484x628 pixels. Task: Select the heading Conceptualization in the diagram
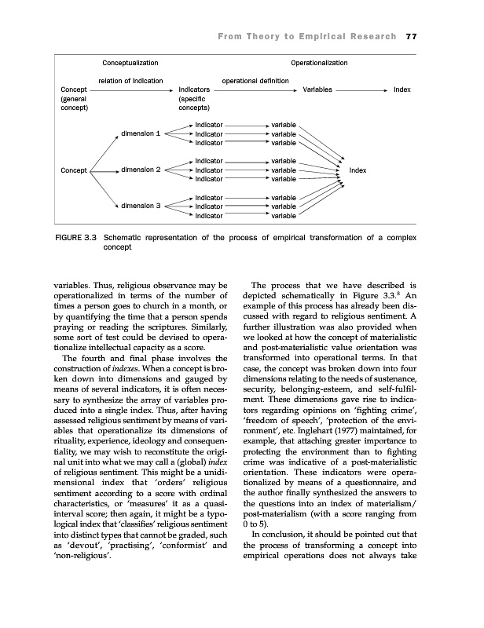[130, 62]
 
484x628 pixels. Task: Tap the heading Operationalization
[319, 62]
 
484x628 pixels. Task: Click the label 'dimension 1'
[141, 133]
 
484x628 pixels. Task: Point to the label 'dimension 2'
[141, 170]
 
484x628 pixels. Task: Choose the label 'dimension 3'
[141, 206]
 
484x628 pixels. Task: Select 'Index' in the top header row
[402, 90]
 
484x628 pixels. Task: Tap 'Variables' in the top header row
[317, 90]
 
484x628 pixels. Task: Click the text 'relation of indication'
[130, 81]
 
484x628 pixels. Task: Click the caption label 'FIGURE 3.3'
[78, 236]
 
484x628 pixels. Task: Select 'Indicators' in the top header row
[195, 90]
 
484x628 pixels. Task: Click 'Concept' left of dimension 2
[73, 170]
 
